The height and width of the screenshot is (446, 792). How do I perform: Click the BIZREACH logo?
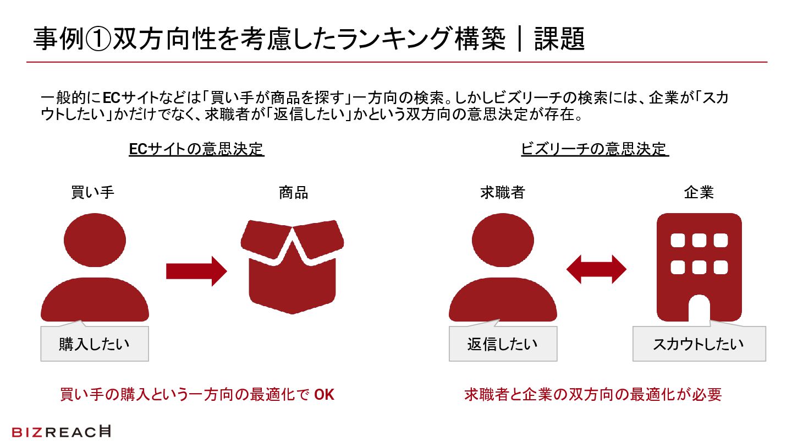pyautogui.click(x=61, y=432)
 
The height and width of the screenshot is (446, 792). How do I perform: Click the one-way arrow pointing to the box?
pyautogui.click(x=196, y=271)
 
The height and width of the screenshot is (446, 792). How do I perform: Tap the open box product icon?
pyautogui.click(x=292, y=266)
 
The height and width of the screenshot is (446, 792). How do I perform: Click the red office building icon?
pyautogui.click(x=699, y=268)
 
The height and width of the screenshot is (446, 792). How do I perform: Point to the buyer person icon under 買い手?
pyautogui.click(x=95, y=270)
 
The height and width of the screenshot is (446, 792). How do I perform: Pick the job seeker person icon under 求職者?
pyautogui.click(x=503, y=270)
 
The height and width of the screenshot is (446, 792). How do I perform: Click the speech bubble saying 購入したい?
pyautogui.click(x=95, y=345)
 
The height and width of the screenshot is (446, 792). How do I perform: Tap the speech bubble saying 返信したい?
pyautogui.click(x=503, y=345)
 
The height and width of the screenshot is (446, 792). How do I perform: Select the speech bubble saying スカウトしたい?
pyautogui.click(x=698, y=345)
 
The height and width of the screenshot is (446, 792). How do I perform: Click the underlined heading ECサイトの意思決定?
pyautogui.click(x=196, y=149)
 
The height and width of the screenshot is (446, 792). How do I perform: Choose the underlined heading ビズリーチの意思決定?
pyautogui.click(x=594, y=149)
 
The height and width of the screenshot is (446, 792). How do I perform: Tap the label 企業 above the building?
pyautogui.click(x=698, y=193)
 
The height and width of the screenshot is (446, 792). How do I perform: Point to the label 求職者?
pyautogui.click(x=502, y=193)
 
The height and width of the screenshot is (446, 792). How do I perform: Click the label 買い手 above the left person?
pyautogui.click(x=93, y=193)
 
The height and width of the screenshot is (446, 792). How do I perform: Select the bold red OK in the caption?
pyautogui.click(x=324, y=395)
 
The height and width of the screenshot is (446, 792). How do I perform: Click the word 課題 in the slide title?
pyautogui.click(x=559, y=40)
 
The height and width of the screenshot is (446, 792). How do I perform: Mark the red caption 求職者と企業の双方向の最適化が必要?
pyautogui.click(x=593, y=395)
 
